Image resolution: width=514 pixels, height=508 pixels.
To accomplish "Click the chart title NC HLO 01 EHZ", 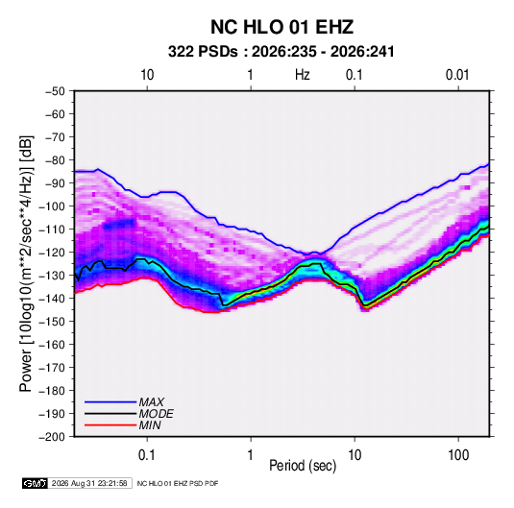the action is tap(281, 27).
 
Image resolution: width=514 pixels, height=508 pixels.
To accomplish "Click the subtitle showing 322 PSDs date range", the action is tap(281, 52).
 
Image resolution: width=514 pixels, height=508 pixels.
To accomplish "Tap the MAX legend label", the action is tap(151, 401).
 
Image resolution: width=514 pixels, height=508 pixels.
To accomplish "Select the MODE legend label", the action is tap(156, 414).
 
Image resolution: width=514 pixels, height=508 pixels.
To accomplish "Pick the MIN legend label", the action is tap(150, 425).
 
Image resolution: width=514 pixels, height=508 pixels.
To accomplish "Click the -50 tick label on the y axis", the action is tap(55, 91).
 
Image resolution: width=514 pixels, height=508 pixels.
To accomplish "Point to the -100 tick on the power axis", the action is tap(52, 206).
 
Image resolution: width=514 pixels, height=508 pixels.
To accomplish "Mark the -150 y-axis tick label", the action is tap(52, 322).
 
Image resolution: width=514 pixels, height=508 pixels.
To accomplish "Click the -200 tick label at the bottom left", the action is tap(52, 437).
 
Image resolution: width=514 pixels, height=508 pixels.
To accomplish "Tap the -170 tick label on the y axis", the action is tap(52, 368).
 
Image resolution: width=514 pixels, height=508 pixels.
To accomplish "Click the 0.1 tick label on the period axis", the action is tap(147, 455).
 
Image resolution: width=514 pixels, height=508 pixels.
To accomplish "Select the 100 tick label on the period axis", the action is tap(458, 455).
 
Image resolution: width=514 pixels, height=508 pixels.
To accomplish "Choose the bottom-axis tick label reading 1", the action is tap(250, 455).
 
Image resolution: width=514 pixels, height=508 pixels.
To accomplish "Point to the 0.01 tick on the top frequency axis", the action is tap(457, 75).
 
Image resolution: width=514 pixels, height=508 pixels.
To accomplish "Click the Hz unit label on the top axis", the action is tap(303, 75).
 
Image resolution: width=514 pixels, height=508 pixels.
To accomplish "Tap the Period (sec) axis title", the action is tap(303, 466).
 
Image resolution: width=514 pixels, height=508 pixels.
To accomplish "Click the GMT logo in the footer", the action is tap(35, 483).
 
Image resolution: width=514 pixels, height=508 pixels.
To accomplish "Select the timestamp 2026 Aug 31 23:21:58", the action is tap(89, 483).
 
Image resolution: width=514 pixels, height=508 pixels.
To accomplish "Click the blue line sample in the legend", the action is tap(110, 401).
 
